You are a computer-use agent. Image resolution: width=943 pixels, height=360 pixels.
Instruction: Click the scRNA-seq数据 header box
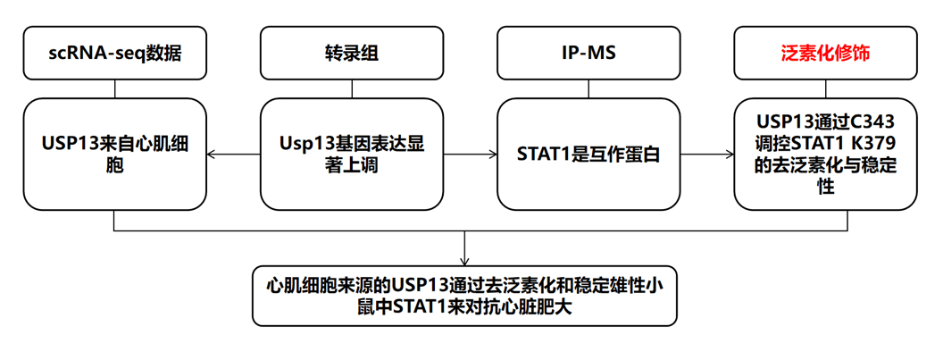(115, 53)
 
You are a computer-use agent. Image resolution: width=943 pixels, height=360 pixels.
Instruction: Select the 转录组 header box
(351, 53)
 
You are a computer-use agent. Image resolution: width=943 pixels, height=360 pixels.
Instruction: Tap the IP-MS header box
(588, 53)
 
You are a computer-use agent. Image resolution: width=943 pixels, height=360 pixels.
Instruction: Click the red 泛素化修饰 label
(825, 53)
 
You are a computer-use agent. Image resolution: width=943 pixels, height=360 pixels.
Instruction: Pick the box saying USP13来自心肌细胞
(115, 154)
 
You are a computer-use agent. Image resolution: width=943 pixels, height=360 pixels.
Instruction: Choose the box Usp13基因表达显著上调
(351, 154)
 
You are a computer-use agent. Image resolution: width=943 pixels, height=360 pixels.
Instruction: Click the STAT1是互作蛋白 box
(588, 154)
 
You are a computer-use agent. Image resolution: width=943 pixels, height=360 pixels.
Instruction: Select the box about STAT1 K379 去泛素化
(825, 154)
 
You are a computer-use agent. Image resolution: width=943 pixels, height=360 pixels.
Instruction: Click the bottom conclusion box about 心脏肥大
(464, 297)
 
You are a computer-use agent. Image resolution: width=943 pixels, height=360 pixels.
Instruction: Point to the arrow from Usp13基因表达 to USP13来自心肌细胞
(233, 154)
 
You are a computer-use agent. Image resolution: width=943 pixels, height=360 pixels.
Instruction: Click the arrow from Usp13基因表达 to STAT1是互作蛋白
(470, 154)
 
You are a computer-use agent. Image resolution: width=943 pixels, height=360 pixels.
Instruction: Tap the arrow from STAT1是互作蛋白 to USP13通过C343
(706, 154)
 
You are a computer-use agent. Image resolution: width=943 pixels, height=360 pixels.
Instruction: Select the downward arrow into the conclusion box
(464, 247)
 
